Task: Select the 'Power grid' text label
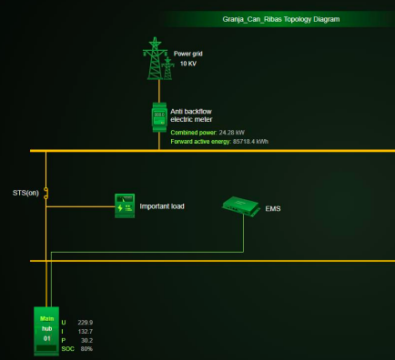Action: point(189,54)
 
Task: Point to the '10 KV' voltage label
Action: point(187,64)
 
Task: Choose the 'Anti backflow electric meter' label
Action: point(190,115)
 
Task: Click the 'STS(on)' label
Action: point(25,193)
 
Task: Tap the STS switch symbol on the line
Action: point(46,193)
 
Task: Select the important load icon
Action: point(124,206)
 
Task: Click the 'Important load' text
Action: point(162,206)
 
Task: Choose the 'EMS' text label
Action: point(273,209)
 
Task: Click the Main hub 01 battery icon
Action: point(46,331)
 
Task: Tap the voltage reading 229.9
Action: point(86,322)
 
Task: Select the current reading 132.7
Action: point(86,331)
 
